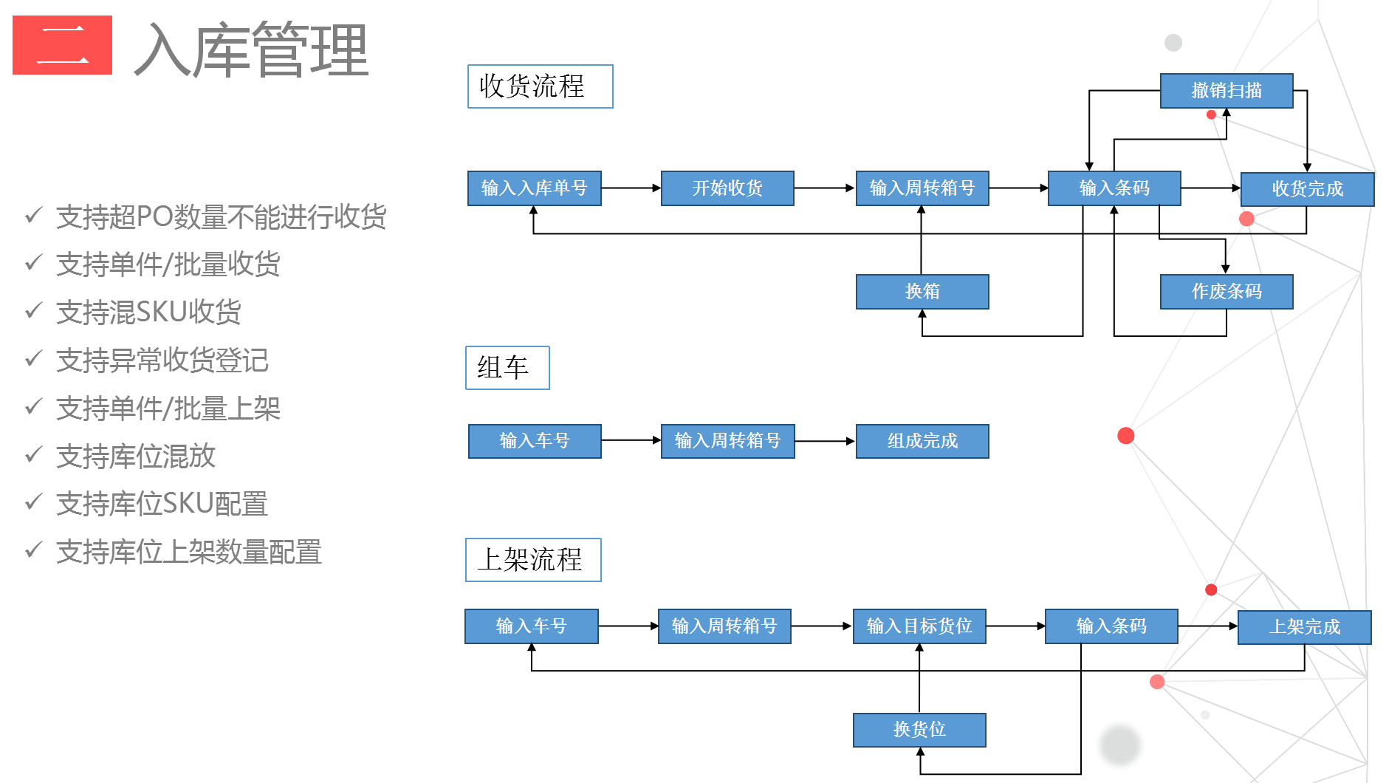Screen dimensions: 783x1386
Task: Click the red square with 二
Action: [62, 45]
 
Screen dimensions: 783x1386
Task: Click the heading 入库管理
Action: [251, 50]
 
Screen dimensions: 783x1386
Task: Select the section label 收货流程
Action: [540, 86]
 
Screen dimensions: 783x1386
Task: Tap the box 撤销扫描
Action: [1226, 91]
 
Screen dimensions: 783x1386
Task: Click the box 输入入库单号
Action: [534, 188]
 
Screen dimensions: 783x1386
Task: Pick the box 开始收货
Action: [727, 188]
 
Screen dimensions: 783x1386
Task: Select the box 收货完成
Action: [1307, 189]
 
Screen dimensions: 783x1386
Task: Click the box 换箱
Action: [922, 292]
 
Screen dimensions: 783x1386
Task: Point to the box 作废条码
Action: [1226, 292]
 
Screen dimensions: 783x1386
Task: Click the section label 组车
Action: [507, 368]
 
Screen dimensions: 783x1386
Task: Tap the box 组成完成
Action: [922, 441]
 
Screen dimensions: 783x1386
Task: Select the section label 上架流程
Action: [532, 560]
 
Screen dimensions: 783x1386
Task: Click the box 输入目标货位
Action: [919, 626]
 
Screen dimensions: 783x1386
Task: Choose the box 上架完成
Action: [1304, 627]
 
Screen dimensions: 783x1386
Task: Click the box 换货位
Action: [919, 730]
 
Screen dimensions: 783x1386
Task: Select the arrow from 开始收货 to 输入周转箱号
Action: [824, 188]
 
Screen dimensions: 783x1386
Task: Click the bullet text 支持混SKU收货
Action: [148, 312]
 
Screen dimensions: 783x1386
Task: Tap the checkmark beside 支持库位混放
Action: [33, 454]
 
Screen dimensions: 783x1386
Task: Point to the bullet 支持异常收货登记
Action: [162, 360]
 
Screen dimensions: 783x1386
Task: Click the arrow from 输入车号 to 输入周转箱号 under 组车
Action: [631, 440]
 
